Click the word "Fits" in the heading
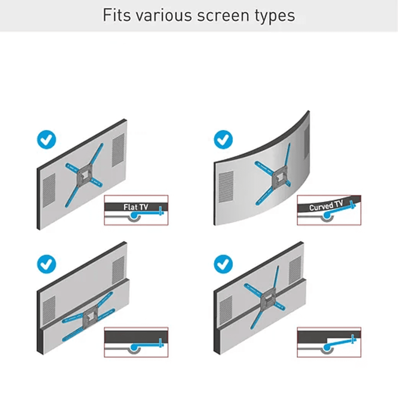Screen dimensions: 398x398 [x=117, y=15]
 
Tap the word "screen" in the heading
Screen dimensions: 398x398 [x=223, y=16]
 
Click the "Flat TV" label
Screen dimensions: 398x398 [x=136, y=207]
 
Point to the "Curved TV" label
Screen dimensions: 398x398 [x=326, y=206]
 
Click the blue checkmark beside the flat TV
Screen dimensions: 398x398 [x=47, y=140]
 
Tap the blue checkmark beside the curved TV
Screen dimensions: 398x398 [x=223, y=140]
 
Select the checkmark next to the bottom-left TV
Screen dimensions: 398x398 [x=47, y=264]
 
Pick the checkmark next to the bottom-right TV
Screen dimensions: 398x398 [x=223, y=264]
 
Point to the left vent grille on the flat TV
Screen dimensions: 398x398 [x=49, y=190]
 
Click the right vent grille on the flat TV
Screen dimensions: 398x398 [x=118, y=150]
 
